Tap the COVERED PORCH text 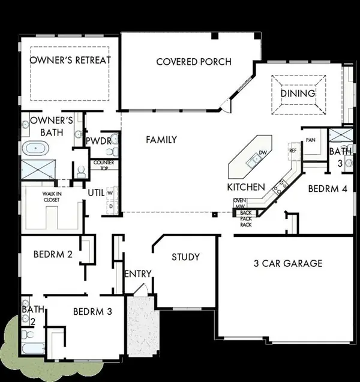(193, 62)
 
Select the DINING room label (298, 94)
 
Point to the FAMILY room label (161, 140)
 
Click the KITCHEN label (245, 187)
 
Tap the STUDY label (185, 257)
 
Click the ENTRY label (137, 275)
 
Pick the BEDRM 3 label (92, 312)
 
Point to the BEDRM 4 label (328, 188)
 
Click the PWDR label (96, 141)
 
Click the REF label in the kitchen (293, 151)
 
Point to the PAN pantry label (311, 140)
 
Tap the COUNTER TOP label (100, 164)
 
